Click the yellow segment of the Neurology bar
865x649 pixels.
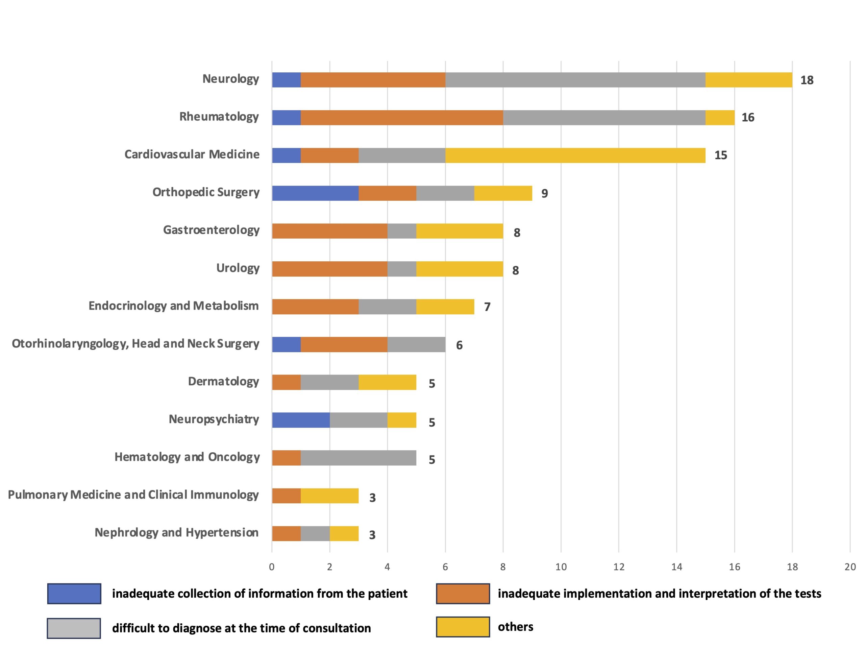tap(748, 80)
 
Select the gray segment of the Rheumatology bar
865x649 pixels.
tap(604, 118)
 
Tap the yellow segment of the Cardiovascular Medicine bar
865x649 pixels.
tap(575, 155)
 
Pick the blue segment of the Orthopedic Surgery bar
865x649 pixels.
tap(315, 193)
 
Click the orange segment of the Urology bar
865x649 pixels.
tap(330, 269)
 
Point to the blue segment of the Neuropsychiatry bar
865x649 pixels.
tap(301, 420)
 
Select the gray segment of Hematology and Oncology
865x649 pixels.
tap(358, 458)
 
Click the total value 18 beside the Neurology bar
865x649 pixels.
tap(807, 80)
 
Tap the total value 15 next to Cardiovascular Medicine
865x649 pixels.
tap(720, 155)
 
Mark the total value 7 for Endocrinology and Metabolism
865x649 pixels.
tap(487, 307)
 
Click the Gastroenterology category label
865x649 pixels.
tap(211, 230)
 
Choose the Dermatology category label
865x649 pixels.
tap(223, 381)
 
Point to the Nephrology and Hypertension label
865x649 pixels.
tap(176, 532)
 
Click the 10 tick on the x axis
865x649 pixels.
tap(561, 567)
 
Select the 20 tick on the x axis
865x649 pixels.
tap(850, 567)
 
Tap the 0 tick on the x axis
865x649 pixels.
tap(272, 567)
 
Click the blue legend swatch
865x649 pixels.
tap(74, 594)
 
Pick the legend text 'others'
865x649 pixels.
tap(515, 627)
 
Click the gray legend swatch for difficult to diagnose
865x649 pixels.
tap(74, 628)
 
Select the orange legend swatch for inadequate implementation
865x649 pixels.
tap(463, 594)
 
